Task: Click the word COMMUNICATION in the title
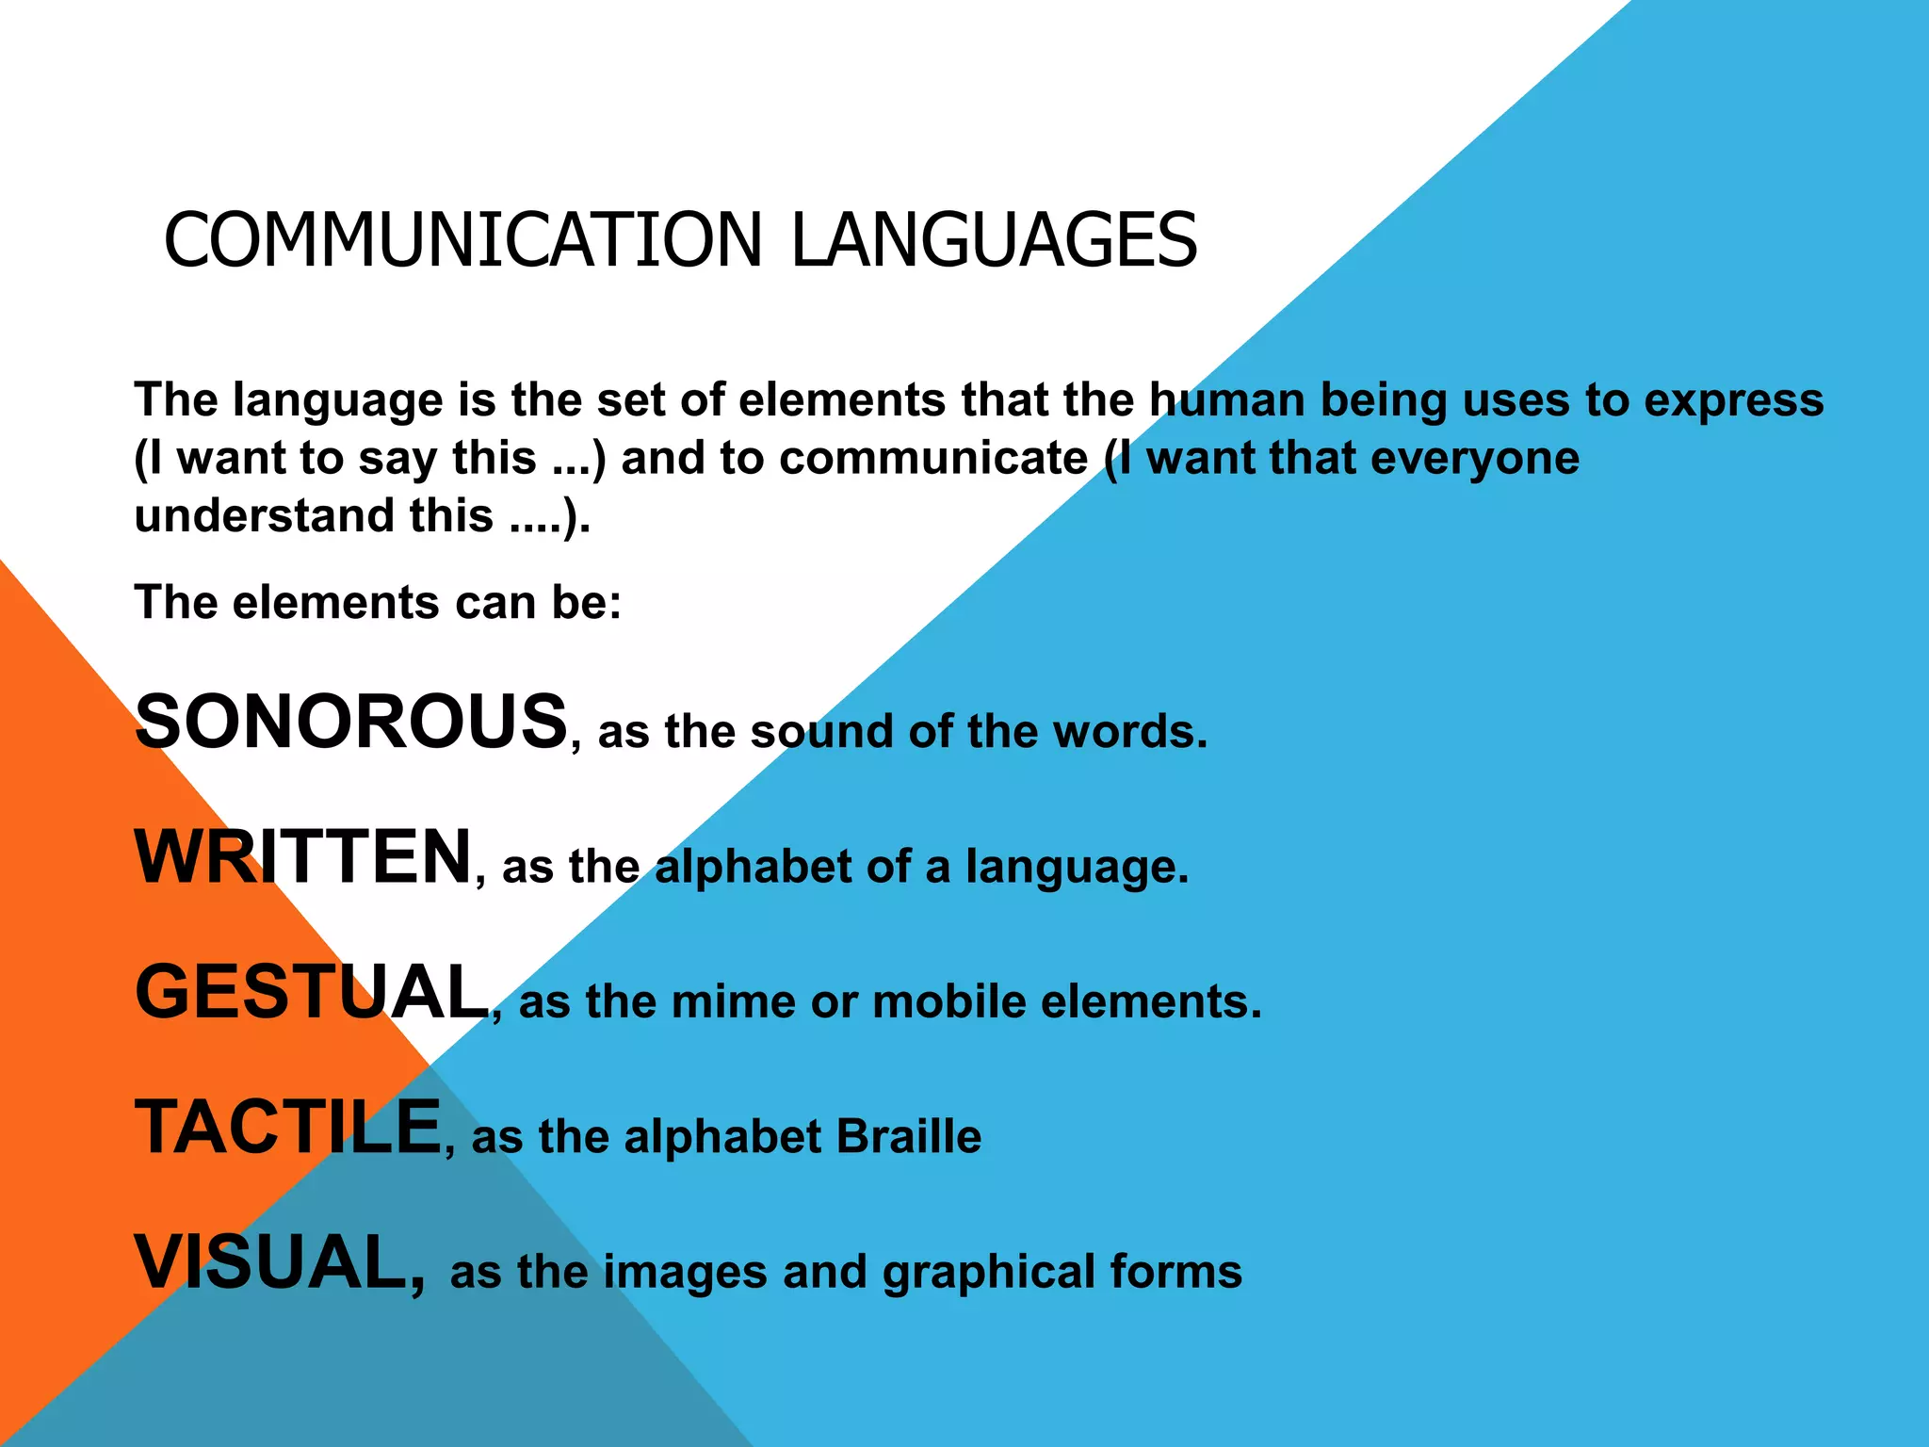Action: coord(462,240)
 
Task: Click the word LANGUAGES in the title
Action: coord(994,240)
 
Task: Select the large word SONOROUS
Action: coord(351,722)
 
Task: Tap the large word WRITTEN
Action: coord(303,857)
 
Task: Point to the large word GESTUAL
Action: coord(312,992)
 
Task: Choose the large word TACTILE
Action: coord(288,1128)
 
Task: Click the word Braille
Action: coord(908,1136)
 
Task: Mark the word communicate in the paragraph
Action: coord(933,459)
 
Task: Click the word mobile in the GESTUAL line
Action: coord(949,1001)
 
